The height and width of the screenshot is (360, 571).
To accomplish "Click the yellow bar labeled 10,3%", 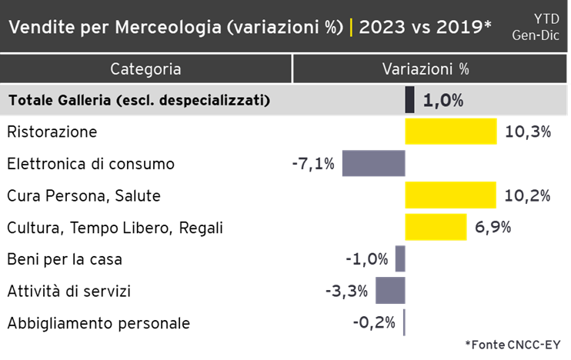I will tap(451, 132).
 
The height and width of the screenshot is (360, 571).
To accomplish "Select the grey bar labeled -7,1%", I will tap(373, 163).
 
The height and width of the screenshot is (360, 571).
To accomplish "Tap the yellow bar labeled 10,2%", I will tap(450, 195).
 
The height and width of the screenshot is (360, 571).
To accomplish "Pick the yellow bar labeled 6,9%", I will tap(436, 227).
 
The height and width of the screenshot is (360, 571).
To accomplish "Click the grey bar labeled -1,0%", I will tap(400, 258).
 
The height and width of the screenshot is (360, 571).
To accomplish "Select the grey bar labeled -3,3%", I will tap(390, 291).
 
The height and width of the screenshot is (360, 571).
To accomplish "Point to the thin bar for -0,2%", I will tap(404, 322).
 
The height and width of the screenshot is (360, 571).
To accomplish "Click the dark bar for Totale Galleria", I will tap(410, 100).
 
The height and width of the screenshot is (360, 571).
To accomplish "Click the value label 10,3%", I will tap(528, 132).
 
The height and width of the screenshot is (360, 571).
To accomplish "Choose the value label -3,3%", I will tap(347, 292).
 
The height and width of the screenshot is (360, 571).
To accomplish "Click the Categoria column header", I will tap(146, 69).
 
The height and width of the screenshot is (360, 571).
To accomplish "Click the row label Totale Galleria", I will tap(139, 101).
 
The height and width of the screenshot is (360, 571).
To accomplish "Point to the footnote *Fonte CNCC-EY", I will tap(513, 343).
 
